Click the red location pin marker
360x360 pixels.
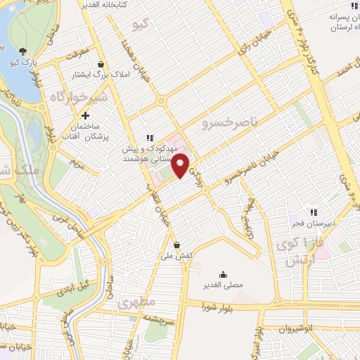coord(181,165)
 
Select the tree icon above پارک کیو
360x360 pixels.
coord(24,51)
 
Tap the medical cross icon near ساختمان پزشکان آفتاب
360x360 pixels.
coord(85,115)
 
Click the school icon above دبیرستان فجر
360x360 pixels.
coord(314,212)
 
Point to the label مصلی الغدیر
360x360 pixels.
coord(223,285)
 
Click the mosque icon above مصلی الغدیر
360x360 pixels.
coord(223,274)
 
